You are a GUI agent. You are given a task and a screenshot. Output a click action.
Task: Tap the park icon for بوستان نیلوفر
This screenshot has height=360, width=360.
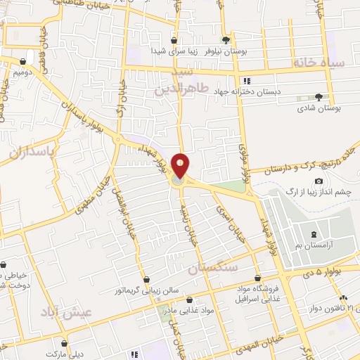(x=226, y=41)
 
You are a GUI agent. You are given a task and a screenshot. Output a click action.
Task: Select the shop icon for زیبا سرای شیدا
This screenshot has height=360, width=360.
(x=174, y=41)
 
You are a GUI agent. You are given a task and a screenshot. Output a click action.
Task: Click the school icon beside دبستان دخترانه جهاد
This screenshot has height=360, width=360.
(x=245, y=81)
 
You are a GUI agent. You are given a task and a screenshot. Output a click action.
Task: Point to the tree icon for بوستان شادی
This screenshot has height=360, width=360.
(x=319, y=96)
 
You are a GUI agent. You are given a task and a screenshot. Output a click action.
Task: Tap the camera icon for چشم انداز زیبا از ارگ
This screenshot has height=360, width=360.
(x=319, y=182)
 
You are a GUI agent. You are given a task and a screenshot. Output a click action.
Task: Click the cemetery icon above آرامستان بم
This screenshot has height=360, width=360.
(x=314, y=233)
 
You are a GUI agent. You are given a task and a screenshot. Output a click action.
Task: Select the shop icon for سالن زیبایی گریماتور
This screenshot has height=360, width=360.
(x=146, y=280)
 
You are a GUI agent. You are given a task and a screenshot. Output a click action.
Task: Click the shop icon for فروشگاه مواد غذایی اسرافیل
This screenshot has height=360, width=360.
(x=258, y=278)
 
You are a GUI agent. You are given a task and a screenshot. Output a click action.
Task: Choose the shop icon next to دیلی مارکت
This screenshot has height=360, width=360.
(x=65, y=345)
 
